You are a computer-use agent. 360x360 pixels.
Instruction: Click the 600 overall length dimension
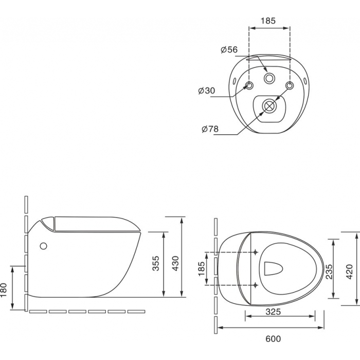coord(273,338)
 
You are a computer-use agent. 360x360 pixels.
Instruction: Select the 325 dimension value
coord(273,312)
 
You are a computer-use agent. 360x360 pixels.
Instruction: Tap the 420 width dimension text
coord(349,272)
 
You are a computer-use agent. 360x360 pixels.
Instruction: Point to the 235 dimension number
coord(329,272)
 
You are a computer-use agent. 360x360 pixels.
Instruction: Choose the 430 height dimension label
coord(175,263)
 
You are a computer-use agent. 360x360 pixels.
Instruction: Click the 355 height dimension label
coord(156,263)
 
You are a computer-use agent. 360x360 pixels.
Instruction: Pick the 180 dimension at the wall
coord(4,290)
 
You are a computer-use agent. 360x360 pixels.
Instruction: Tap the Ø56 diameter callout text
coord(229,49)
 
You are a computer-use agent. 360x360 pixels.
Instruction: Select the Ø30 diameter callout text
coord(207,91)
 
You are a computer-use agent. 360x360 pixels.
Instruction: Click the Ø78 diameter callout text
coord(210,129)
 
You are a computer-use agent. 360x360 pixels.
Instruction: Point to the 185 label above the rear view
coord(268,21)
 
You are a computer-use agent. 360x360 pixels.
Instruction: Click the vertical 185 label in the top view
coord(201,268)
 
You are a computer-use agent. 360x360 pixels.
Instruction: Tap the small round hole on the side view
coord(43,246)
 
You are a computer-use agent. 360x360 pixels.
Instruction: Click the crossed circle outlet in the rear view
coord(269,105)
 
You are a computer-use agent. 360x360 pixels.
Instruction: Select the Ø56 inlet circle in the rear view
coord(269,78)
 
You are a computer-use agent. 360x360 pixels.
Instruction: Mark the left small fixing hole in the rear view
coord(249,85)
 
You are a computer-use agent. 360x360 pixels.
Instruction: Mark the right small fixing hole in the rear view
coord(289,85)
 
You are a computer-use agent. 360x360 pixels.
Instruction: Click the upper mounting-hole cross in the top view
coord(256,252)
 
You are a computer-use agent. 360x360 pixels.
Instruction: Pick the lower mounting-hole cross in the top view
coord(256,285)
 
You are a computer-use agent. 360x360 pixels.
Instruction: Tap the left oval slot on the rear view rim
coord(234,81)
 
